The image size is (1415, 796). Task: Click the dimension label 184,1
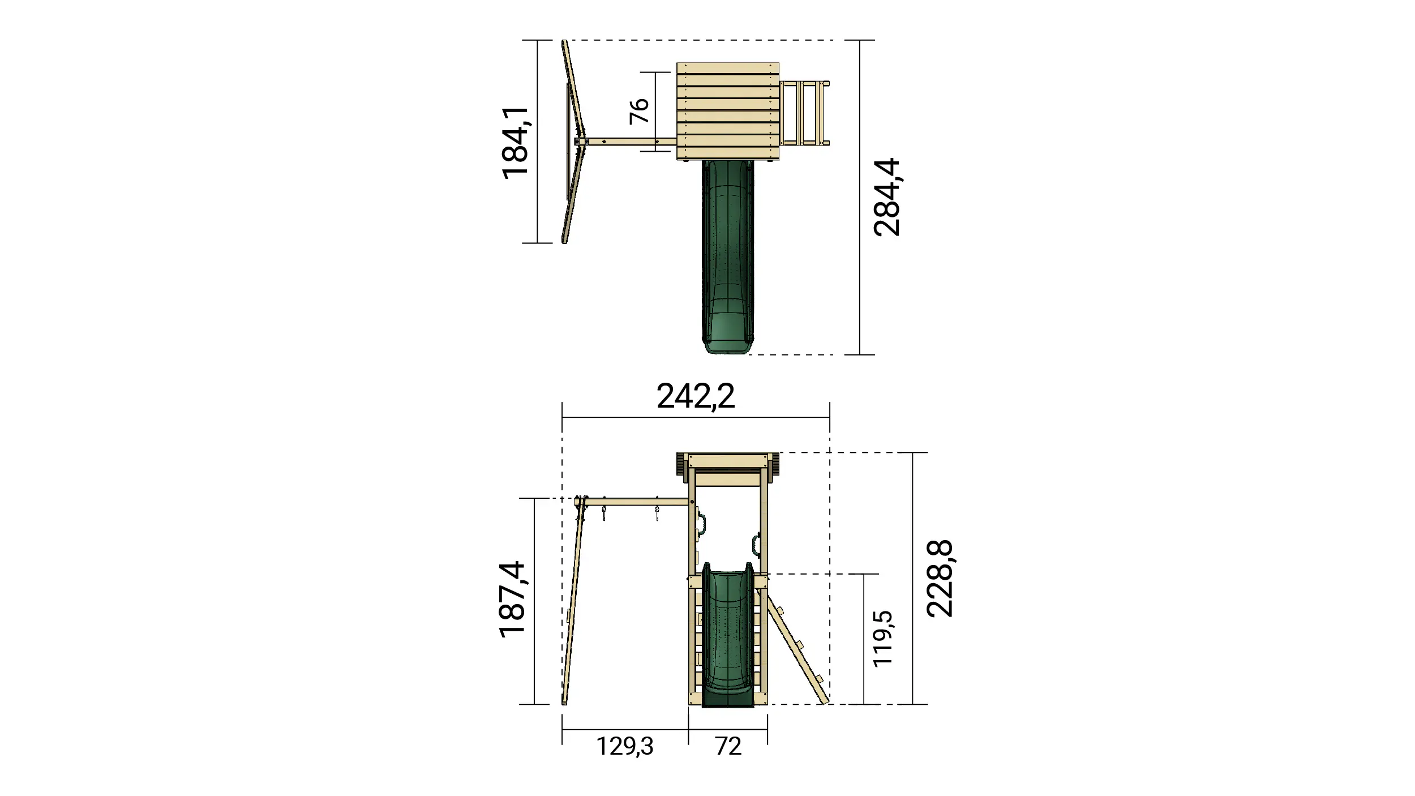[516, 143]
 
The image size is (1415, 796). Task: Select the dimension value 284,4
[886, 197]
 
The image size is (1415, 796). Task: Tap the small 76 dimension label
[639, 111]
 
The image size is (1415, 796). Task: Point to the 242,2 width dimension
[696, 396]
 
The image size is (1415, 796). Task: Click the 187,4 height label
[513, 600]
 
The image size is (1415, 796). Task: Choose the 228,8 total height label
[940, 578]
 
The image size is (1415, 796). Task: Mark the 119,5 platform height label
[883, 639]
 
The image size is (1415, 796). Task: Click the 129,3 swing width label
[625, 746]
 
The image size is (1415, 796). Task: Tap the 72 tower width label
[728, 746]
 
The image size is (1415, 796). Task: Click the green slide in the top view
[728, 255]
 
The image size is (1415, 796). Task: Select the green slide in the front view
[728, 640]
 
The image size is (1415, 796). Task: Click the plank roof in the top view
[728, 111]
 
